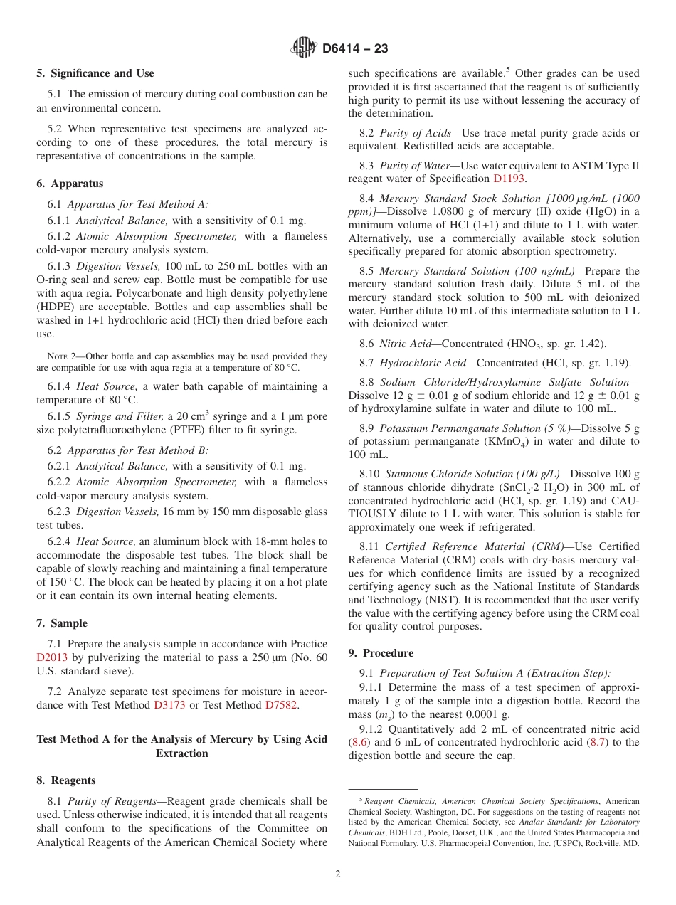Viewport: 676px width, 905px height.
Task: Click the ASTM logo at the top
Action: click(x=304, y=48)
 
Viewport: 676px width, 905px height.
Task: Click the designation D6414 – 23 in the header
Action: click(x=355, y=49)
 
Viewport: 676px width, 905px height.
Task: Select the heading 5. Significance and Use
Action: click(x=95, y=73)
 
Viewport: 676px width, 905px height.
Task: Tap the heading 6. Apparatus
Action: click(x=70, y=184)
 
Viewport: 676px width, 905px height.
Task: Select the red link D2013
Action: click(x=52, y=657)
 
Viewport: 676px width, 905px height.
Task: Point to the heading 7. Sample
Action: click(x=62, y=623)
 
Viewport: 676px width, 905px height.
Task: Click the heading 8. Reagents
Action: click(x=65, y=780)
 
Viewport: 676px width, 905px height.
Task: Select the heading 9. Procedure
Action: click(x=381, y=653)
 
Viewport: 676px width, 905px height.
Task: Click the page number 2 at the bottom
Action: click(x=338, y=874)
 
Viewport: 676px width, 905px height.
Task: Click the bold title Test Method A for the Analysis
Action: click(x=182, y=739)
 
